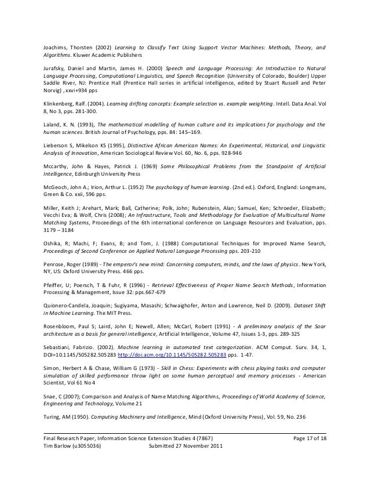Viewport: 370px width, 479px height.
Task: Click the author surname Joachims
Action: (x=56, y=47)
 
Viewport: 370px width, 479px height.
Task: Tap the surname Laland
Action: (x=53, y=125)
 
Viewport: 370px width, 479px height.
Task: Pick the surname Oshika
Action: (x=53, y=244)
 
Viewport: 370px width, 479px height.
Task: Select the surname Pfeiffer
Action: (x=55, y=286)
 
